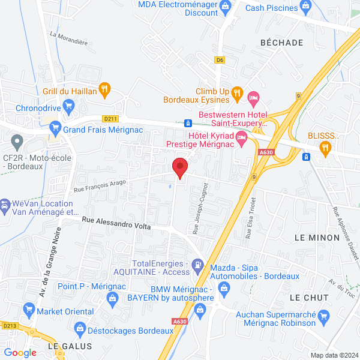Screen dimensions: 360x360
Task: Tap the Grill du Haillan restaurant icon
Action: [x=104, y=90]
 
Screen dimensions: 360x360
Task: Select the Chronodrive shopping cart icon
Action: [x=69, y=106]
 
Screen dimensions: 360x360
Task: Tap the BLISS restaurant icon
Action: [x=326, y=147]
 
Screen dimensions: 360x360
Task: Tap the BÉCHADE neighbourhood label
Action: [x=281, y=42]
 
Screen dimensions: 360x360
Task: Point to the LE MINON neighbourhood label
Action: [x=317, y=238]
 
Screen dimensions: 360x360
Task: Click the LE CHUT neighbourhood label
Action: [x=308, y=298]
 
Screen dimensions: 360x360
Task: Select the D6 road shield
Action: [x=220, y=59]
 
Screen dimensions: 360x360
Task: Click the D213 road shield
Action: [x=9, y=326]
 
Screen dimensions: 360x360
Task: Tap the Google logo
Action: [x=20, y=352]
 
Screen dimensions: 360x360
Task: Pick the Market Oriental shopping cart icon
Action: [x=28, y=311]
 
